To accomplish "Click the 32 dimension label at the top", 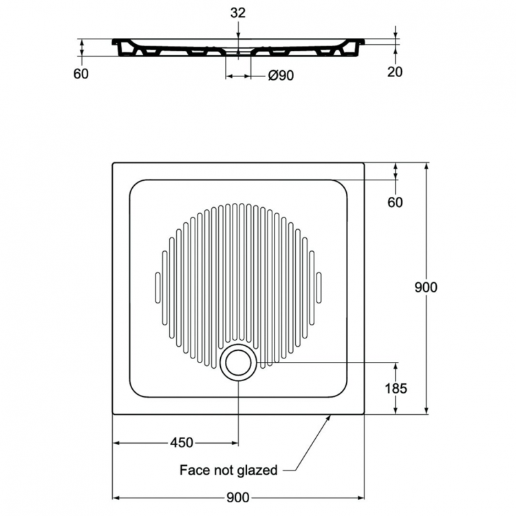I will [x=237, y=12].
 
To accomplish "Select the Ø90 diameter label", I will [x=280, y=76].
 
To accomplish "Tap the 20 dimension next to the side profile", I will [x=394, y=72].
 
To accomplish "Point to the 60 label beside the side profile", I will [x=81, y=74].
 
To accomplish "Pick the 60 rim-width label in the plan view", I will [x=395, y=202].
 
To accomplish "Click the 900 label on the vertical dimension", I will [x=426, y=288].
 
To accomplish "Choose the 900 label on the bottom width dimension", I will [x=237, y=497].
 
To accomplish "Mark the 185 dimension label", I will [x=395, y=388].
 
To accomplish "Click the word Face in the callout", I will [x=195, y=471].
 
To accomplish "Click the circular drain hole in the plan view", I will [x=237, y=360].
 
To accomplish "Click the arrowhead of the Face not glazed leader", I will [x=332, y=416].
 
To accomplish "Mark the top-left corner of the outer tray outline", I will [x=113, y=163].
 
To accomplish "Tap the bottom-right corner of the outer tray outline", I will [x=363, y=414].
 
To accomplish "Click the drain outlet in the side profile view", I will [x=237, y=52].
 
